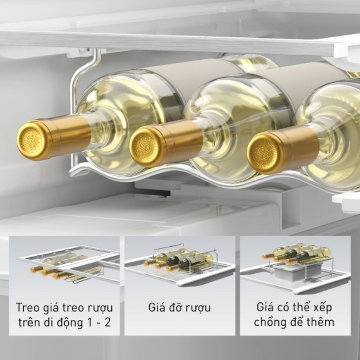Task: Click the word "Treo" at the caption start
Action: pos(27,307)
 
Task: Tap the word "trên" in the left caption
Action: pos(27,323)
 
